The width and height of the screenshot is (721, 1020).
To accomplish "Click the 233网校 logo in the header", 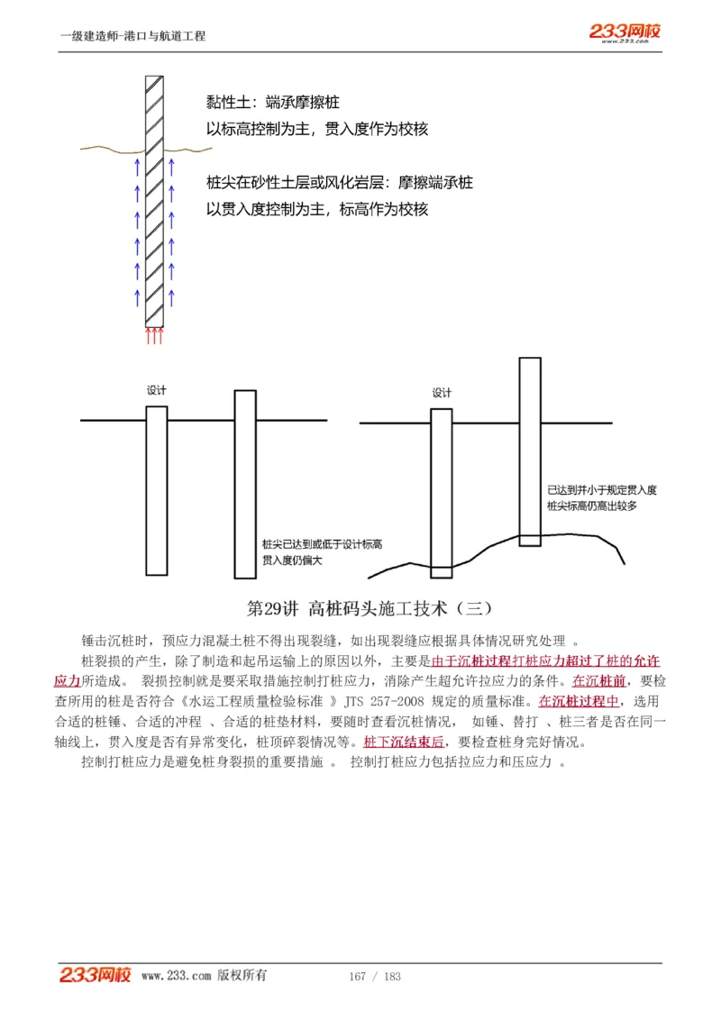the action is [625, 32].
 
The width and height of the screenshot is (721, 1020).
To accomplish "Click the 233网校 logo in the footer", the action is [96, 975].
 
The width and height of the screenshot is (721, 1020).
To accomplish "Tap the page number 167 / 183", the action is [374, 977].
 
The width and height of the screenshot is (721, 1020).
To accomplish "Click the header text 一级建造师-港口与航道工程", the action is [132, 36].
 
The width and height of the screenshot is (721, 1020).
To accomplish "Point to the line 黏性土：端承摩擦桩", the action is [272, 103].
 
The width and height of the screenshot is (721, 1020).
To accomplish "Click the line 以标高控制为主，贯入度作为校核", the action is [317, 129].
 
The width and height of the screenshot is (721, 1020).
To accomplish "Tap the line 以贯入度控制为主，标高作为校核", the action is [317, 209].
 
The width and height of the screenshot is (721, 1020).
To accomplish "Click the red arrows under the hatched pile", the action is [155, 336].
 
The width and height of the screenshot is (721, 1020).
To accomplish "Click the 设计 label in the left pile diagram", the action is [157, 390].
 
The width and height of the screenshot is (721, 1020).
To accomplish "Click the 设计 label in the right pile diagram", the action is [442, 393].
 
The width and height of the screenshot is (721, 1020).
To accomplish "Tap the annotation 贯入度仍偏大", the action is [292, 560].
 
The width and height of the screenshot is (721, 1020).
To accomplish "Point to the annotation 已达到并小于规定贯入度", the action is [601, 490].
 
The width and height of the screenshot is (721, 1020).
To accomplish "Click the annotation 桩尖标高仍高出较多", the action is [592, 506].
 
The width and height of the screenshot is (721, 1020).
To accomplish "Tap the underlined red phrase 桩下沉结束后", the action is [405, 743].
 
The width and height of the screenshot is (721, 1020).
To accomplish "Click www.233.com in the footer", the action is [177, 976].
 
